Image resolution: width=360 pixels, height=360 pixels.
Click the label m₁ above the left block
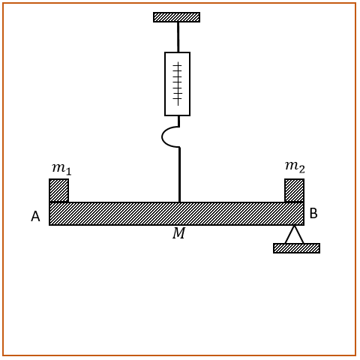61,169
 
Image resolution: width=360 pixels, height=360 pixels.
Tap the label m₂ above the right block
295,167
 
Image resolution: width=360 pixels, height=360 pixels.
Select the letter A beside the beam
35,217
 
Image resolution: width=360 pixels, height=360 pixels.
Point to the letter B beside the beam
313,214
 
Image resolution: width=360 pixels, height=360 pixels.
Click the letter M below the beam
179,233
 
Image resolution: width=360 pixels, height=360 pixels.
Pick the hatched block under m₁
58,190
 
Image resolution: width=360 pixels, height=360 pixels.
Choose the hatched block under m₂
294,190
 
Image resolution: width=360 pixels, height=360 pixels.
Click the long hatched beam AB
176,214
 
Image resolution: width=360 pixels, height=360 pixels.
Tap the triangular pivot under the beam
295,234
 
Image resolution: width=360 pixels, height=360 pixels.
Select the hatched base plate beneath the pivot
296,248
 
